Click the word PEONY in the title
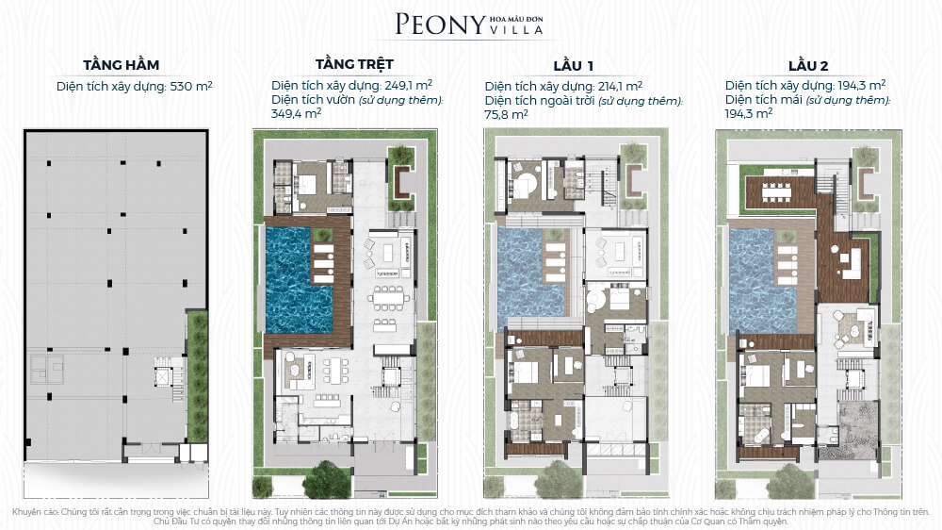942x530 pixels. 440,25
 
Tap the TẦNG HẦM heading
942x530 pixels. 122,65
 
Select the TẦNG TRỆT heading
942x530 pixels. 354,64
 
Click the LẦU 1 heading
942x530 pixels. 573,66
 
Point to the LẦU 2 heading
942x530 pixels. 808,66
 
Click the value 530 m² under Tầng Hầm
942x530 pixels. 191,86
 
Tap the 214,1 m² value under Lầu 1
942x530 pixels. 620,86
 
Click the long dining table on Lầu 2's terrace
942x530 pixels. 779,191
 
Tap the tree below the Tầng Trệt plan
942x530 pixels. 326,478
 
